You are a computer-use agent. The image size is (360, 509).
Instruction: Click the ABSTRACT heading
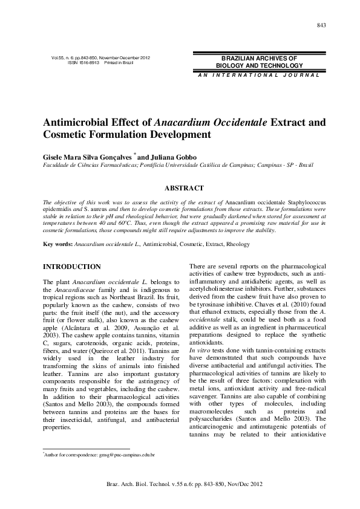pos(180,189)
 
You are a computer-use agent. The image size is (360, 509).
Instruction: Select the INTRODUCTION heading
pos(71,267)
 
